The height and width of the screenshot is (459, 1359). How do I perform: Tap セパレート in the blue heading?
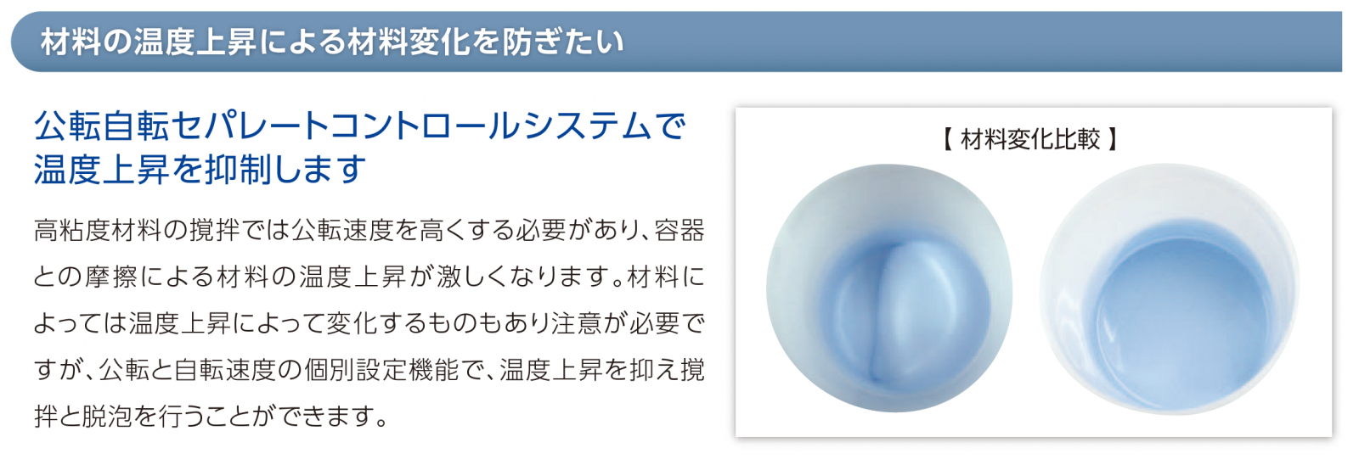[241, 126]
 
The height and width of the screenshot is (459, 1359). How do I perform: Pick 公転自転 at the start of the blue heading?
[101, 126]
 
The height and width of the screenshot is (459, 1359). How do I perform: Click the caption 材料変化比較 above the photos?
[1030, 139]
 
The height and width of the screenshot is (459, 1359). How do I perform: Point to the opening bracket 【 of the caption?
[948, 139]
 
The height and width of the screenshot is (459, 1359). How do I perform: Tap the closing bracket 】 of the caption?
[1112, 139]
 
